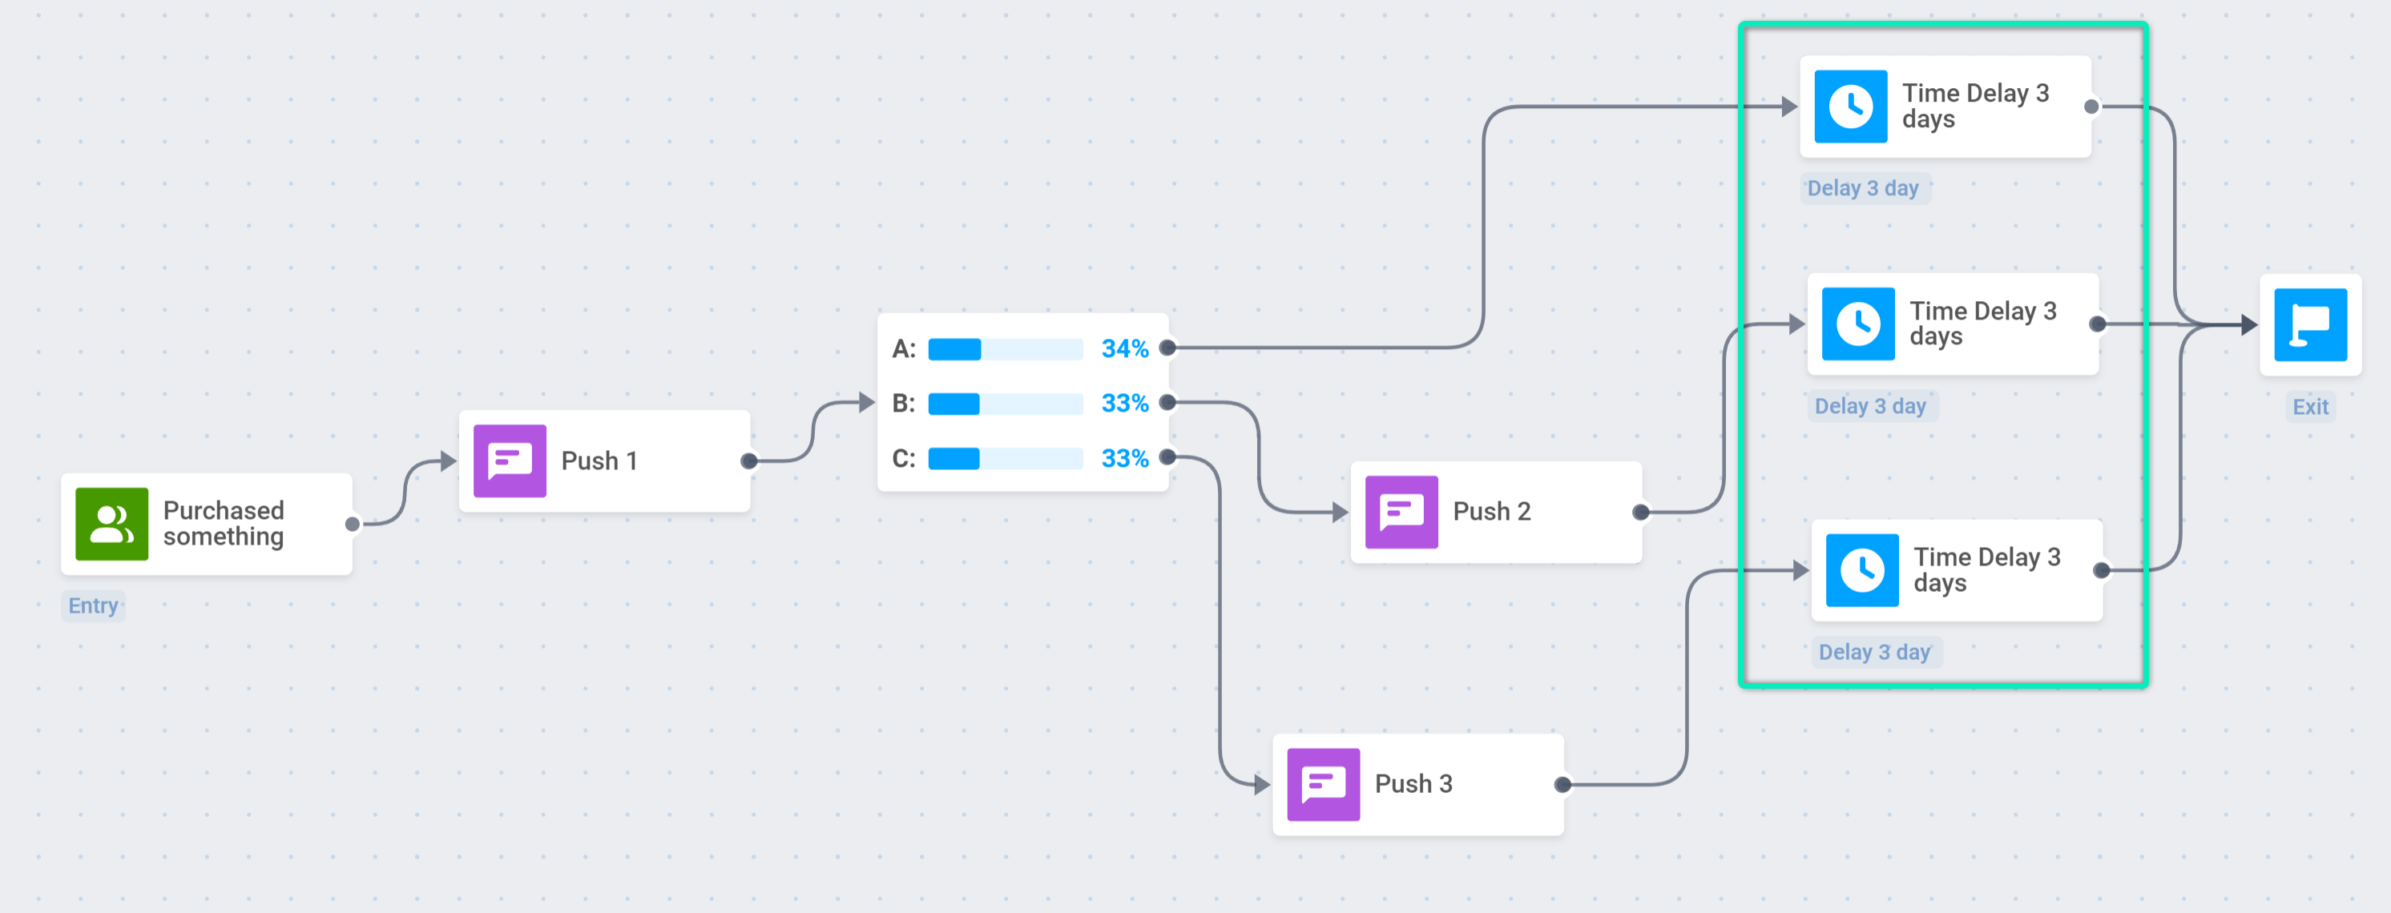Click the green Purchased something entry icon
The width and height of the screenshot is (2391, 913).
click(111, 525)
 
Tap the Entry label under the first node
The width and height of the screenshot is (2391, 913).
click(93, 606)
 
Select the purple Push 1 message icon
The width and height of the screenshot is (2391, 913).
click(510, 461)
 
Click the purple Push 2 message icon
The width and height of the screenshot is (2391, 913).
click(1401, 513)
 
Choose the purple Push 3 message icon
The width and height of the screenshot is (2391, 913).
click(1324, 785)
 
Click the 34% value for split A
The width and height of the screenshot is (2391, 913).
click(1125, 349)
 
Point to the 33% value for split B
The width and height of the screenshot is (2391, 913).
click(1125, 404)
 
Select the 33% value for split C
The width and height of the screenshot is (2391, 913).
click(1125, 458)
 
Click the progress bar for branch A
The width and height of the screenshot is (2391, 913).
click(1006, 349)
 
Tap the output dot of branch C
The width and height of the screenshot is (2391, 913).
click(1167, 457)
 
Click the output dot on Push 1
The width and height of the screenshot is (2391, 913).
click(749, 461)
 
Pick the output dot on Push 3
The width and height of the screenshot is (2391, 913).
click(1563, 785)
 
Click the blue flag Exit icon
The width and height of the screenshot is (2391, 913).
click(2310, 324)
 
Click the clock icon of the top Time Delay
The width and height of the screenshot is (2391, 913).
click(1851, 107)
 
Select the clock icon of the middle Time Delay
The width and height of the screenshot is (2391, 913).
click(1858, 324)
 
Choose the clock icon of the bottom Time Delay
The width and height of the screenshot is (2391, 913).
click(1862, 570)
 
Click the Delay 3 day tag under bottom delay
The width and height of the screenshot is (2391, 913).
click(1875, 652)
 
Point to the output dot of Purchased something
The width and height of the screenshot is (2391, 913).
click(352, 525)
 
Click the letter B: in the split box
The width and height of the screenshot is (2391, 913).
click(904, 404)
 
